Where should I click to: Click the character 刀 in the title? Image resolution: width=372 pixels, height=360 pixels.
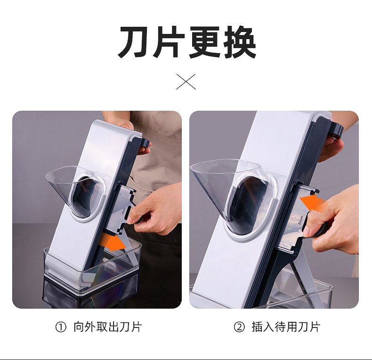pos(134,42)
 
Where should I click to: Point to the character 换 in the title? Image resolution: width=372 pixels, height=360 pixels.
pos(240,42)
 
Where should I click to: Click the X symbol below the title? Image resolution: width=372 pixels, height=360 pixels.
pos(186,82)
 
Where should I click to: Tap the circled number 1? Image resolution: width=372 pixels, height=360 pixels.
pos(61,327)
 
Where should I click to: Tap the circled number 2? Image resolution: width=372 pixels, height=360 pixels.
pos(239,327)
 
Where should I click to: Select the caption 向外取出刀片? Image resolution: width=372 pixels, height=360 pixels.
pos(107,327)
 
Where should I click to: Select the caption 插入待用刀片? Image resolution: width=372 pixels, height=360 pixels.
pos(286,327)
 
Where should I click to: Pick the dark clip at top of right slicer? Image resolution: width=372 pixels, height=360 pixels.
pos(337,129)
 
